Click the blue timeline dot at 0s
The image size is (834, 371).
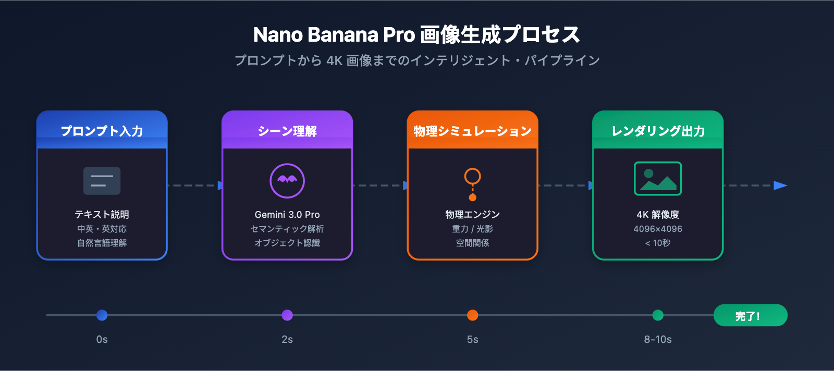point(102,315)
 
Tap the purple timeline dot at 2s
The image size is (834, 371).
point(287,315)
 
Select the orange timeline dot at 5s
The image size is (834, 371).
point(473,315)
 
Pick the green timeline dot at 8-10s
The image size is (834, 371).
point(658,315)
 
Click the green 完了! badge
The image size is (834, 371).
point(750,316)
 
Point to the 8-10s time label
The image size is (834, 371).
point(658,340)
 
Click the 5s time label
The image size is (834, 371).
point(473,340)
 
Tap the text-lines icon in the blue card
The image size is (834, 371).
point(102,181)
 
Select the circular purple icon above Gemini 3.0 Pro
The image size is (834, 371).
point(287,181)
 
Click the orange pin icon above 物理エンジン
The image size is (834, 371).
point(473,183)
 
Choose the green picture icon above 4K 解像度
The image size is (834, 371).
point(658,179)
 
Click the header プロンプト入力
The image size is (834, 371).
point(102,131)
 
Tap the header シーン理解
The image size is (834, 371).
point(287,131)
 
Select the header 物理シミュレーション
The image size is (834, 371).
point(473,131)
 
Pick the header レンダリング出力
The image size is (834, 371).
point(658,131)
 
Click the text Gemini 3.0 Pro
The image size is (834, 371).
point(287,215)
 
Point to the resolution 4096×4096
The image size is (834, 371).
point(658,229)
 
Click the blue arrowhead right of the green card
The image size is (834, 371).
point(780,185)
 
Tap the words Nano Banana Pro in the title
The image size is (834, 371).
point(334,35)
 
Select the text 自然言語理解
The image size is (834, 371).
point(102,243)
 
